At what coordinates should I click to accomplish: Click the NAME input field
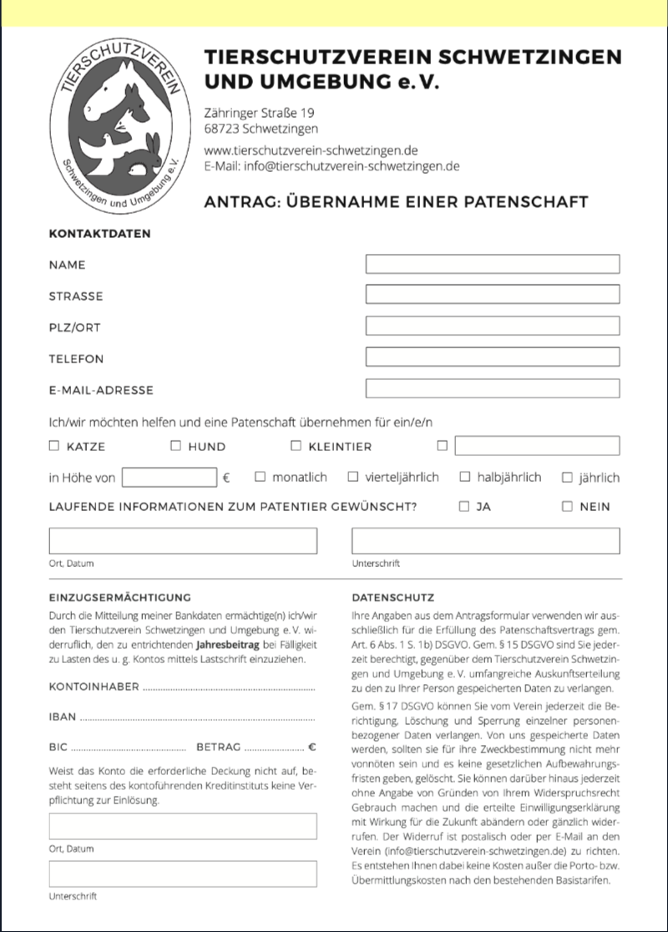(493, 264)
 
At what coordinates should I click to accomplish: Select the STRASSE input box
(493, 295)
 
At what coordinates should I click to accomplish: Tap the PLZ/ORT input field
(493, 326)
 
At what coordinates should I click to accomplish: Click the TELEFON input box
(493, 357)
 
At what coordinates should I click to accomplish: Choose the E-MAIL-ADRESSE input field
(493, 388)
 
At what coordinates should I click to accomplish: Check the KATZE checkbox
(54, 446)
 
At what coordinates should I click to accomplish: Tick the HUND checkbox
(175, 446)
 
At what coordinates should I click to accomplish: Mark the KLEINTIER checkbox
(296, 446)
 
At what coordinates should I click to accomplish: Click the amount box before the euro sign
(170, 478)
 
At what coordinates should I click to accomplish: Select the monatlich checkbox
(260, 477)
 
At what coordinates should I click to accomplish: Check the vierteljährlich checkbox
(353, 477)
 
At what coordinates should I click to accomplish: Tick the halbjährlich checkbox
(465, 477)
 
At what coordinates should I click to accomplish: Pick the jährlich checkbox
(567, 478)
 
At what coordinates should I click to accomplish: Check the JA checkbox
(464, 506)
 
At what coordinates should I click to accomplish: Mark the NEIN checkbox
(567, 506)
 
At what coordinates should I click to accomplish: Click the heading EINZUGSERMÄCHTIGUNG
(120, 597)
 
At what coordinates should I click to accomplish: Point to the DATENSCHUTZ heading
(392, 597)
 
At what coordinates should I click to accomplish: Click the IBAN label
(63, 717)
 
